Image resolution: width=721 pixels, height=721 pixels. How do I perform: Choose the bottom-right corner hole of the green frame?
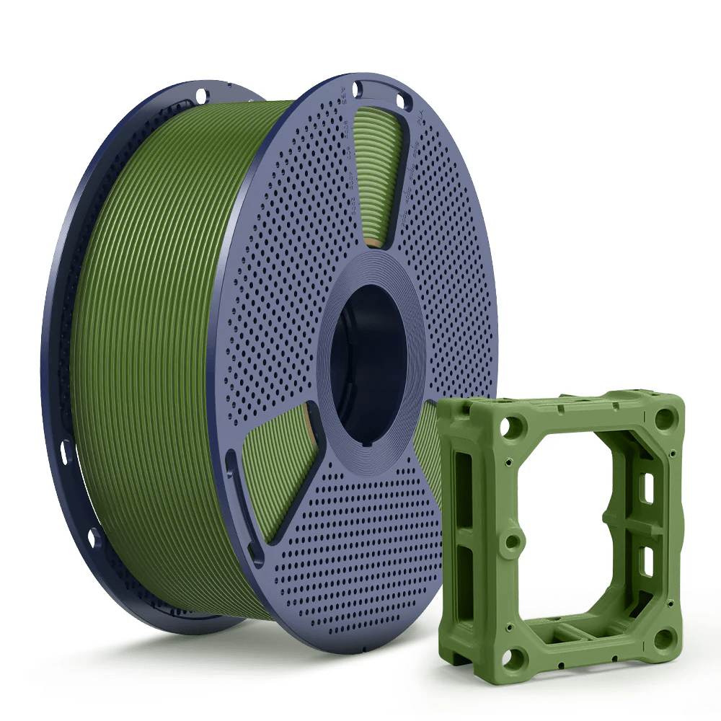point(664,639)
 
